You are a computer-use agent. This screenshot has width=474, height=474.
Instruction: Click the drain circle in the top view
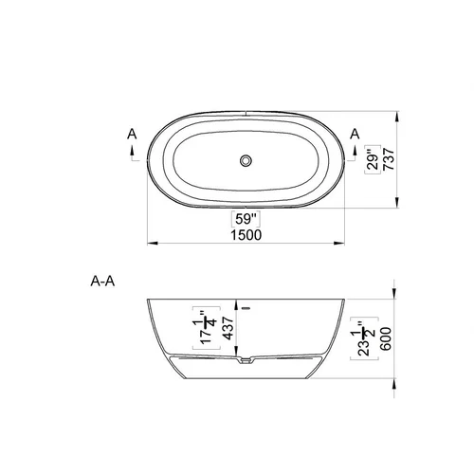coord(246,160)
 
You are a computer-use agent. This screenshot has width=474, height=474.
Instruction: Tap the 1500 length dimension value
coord(246,235)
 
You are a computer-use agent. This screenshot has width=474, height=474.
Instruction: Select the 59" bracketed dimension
coord(246,219)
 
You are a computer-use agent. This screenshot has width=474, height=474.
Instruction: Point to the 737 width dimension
coord(389,159)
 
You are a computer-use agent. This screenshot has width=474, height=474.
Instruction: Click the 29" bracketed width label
coord(374,159)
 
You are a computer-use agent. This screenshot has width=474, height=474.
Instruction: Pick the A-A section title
coord(102,281)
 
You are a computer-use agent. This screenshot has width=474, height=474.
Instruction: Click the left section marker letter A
coord(132,134)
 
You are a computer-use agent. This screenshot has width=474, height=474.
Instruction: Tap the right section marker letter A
coord(355,134)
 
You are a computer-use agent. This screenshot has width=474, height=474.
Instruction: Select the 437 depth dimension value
coord(228,328)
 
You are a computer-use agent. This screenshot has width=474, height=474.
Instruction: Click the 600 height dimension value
coord(386,338)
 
